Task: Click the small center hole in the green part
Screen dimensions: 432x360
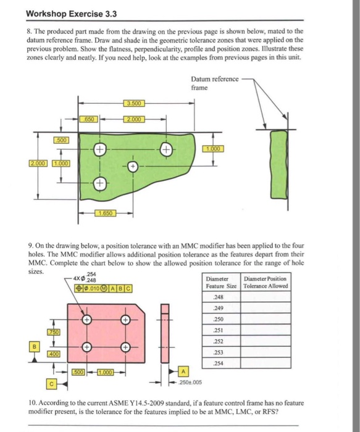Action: [132, 167]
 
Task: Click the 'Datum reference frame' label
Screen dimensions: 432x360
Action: [210, 84]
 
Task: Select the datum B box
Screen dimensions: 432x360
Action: [36, 346]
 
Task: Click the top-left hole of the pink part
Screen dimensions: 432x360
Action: [88, 320]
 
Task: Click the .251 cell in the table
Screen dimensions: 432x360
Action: [220, 331]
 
